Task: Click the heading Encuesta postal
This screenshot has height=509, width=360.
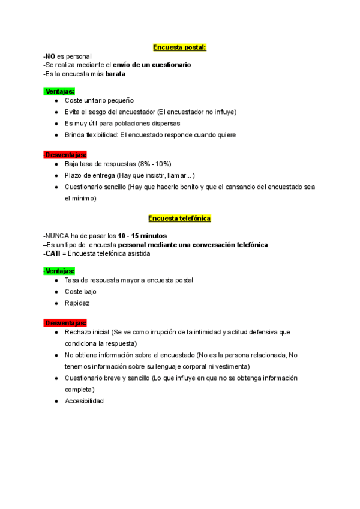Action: click(x=180, y=47)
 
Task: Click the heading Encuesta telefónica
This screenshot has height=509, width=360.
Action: click(x=179, y=218)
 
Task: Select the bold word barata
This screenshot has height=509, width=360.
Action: click(x=116, y=74)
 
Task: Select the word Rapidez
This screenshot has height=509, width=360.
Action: click(x=77, y=303)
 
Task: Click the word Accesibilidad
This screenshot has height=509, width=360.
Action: click(x=84, y=401)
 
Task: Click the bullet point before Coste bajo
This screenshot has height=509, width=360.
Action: click(x=56, y=292)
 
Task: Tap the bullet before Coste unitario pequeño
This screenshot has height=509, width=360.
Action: click(x=56, y=101)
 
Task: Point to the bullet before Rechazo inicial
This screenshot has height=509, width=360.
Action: click(x=56, y=332)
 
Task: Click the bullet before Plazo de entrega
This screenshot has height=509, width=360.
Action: click(x=56, y=175)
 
